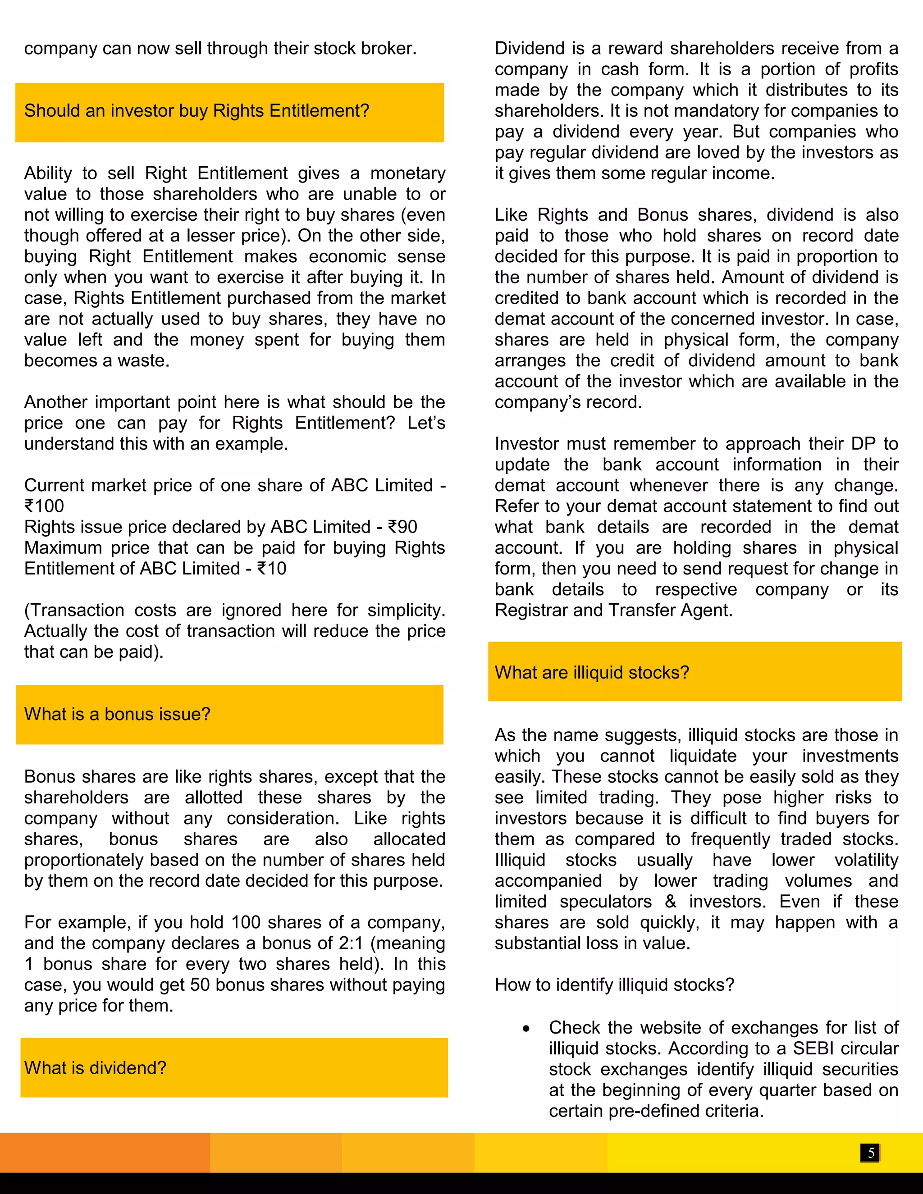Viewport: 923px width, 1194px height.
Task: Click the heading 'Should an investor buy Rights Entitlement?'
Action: coord(197,111)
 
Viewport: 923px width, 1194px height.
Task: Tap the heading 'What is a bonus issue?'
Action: coord(117,714)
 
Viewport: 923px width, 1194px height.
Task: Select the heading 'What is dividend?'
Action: coord(95,1068)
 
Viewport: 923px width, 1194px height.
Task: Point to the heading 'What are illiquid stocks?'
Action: coord(592,672)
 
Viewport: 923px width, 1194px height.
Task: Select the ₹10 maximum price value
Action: coord(272,569)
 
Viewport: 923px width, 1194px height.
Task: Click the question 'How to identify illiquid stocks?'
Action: coord(614,984)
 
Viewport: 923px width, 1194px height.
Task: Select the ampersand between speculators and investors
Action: coord(671,902)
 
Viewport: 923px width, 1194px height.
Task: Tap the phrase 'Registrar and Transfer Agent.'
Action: coord(613,610)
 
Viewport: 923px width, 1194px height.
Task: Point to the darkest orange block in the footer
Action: coord(105,1152)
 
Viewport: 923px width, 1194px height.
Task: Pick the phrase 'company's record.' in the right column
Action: coord(568,402)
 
